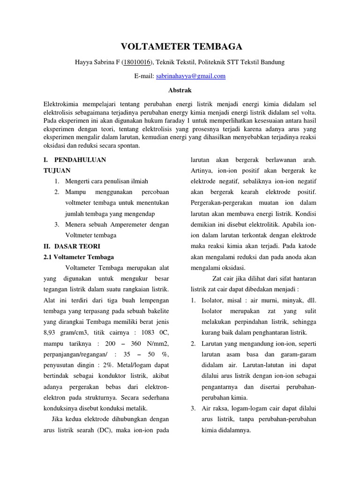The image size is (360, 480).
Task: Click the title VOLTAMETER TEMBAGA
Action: (182, 46)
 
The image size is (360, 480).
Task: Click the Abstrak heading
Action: (180, 89)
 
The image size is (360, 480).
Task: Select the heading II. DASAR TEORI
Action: (71, 246)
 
